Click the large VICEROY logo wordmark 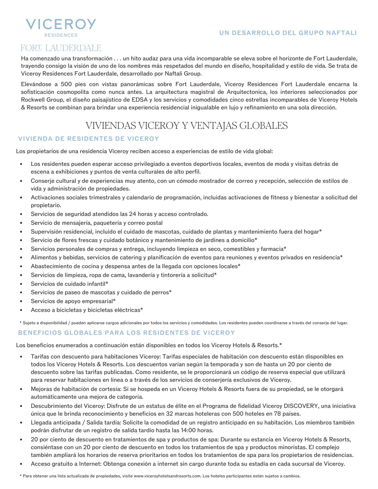[61, 24]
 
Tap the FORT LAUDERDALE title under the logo [61, 48]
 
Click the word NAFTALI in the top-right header [342, 33]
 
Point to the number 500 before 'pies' [66, 84]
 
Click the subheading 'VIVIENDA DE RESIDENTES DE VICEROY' [89, 139]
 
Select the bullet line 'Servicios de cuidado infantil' [69, 284]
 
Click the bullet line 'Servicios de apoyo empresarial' [73, 301]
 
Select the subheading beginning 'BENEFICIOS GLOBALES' [126, 333]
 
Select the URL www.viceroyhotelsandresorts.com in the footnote [167, 476]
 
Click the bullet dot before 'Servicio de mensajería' [22, 223]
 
